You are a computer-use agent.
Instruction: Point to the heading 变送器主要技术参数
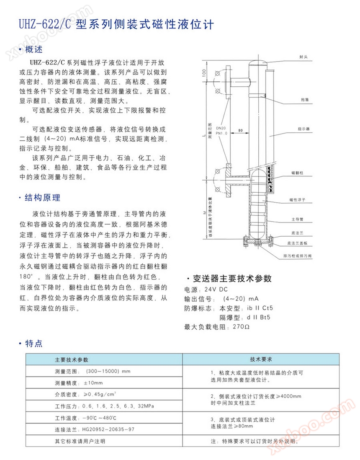(231, 278)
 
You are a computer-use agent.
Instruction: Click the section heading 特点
(33, 344)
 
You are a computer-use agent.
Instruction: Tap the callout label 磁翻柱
(297, 173)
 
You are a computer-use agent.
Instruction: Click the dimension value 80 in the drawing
(240, 131)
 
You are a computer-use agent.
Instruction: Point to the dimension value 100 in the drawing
(204, 73)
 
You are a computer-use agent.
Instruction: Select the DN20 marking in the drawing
(221, 127)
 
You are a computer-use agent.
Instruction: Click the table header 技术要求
(261, 359)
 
